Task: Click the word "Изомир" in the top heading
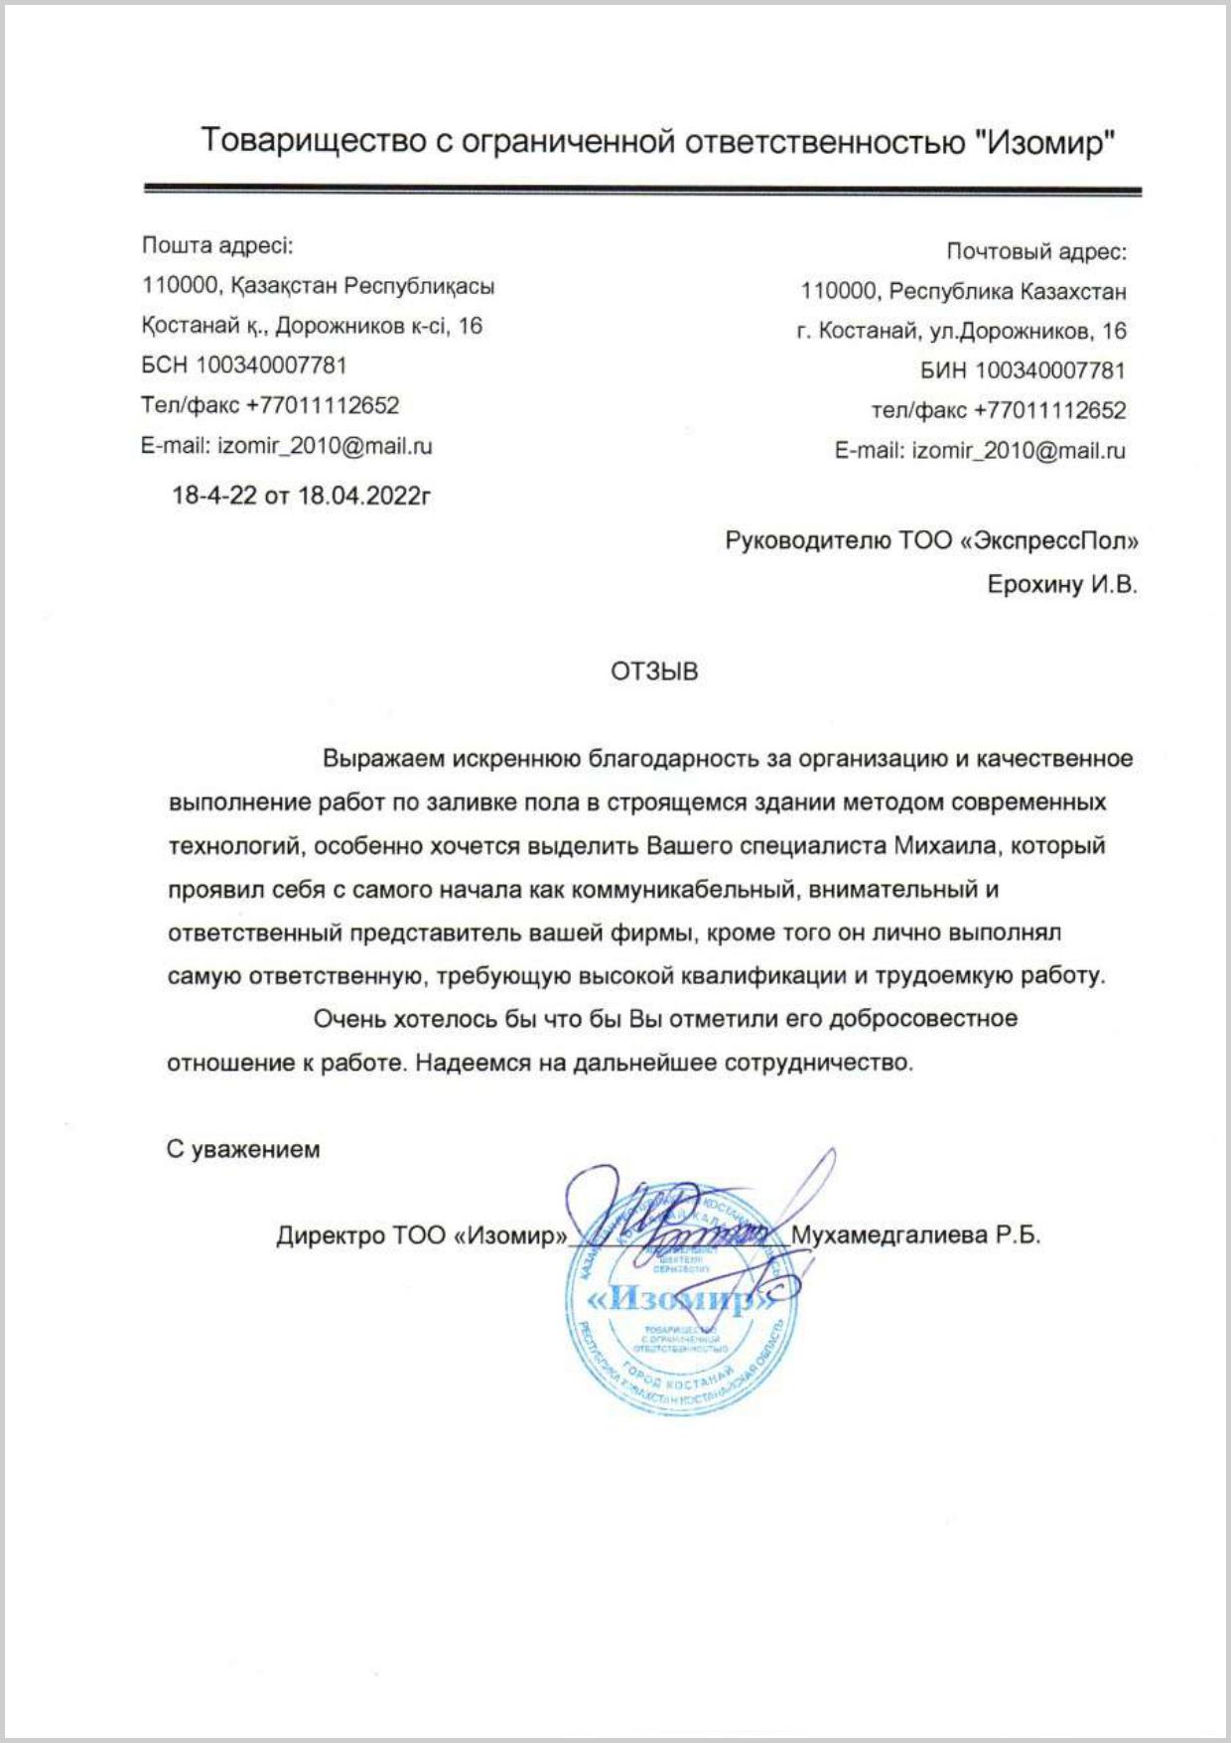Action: click(x=1045, y=142)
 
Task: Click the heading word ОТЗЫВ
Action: click(x=654, y=672)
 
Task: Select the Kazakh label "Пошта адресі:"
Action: click(x=217, y=245)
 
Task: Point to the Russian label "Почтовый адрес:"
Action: click(x=1036, y=251)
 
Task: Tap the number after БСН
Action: click(x=271, y=365)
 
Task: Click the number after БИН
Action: click(x=1050, y=371)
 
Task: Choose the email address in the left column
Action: click(x=325, y=446)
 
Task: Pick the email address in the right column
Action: click(x=1019, y=451)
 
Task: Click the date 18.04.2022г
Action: click(x=364, y=496)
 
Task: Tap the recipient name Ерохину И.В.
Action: click(x=1062, y=585)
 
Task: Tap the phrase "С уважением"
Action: click(x=243, y=1150)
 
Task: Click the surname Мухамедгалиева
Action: click(x=889, y=1235)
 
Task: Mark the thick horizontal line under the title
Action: click(x=642, y=189)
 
